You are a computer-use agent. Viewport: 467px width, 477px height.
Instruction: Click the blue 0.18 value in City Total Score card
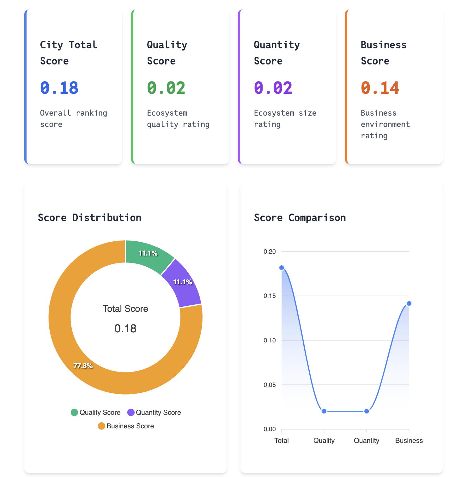click(x=59, y=88)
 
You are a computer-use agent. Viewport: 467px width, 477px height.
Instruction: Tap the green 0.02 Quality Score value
click(x=166, y=88)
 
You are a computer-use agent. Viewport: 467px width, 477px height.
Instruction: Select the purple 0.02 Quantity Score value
click(x=273, y=88)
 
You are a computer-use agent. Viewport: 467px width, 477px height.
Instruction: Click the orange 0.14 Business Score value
click(x=380, y=88)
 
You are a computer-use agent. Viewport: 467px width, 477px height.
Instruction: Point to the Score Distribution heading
click(x=89, y=218)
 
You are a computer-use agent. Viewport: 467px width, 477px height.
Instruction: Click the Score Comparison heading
click(x=300, y=218)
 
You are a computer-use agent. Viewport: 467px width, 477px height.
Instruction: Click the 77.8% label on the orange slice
click(x=83, y=366)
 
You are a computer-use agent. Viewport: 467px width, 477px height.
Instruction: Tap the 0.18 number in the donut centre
click(x=125, y=329)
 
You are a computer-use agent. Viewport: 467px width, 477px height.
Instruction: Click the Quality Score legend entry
click(x=96, y=413)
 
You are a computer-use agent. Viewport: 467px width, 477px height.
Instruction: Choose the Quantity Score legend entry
click(x=154, y=413)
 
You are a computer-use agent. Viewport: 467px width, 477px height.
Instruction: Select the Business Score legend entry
click(x=126, y=426)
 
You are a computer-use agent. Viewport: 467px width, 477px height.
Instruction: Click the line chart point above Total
click(x=282, y=268)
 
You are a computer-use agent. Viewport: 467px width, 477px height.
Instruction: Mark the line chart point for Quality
click(x=324, y=411)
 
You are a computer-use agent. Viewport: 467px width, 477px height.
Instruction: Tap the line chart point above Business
click(x=409, y=304)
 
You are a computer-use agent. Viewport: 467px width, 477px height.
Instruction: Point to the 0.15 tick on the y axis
click(x=270, y=296)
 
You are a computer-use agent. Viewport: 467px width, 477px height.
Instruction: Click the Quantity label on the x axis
click(x=366, y=441)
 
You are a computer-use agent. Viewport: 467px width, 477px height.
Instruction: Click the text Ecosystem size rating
click(x=285, y=118)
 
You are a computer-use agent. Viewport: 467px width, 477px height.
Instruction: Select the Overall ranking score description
click(x=73, y=118)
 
